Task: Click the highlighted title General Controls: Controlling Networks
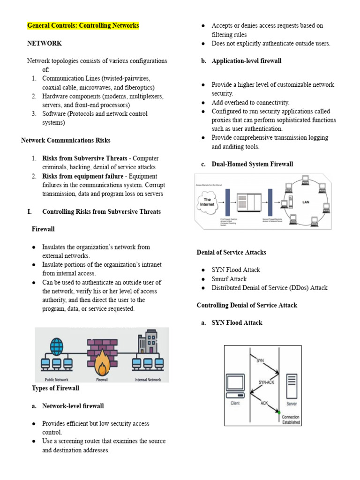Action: pyautogui.click(x=83, y=25)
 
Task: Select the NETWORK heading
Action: pyautogui.click(x=45, y=43)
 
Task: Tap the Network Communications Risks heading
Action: pyautogui.click(x=66, y=140)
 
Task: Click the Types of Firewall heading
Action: pyautogui.click(x=55, y=388)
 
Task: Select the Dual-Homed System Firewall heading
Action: pyautogui.click(x=252, y=164)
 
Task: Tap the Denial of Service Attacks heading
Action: pyautogui.click(x=231, y=252)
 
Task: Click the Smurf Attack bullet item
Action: pyautogui.click(x=229, y=279)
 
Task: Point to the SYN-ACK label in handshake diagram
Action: pyautogui.click(x=267, y=382)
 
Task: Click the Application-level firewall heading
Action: pyautogui.click(x=246, y=61)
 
